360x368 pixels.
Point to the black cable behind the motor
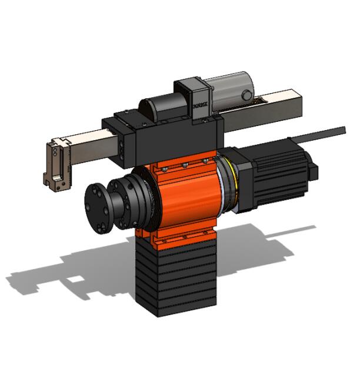tap(329, 132)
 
